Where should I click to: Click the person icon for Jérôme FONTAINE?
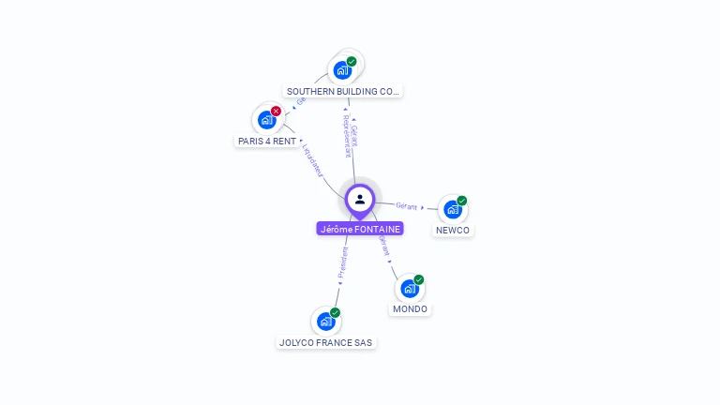pyautogui.click(x=360, y=199)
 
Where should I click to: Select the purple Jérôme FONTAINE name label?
pyautogui.click(x=360, y=229)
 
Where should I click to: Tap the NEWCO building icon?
pyautogui.click(x=452, y=210)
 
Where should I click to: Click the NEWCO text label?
pyautogui.click(x=453, y=231)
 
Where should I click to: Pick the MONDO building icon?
pyautogui.click(x=409, y=289)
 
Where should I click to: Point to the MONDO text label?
pyautogui.click(x=410, y=309)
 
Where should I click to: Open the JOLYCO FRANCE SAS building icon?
pyautogui.click(x=325, y=322)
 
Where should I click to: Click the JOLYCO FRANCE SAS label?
pyautogui.click(x=326, y=343)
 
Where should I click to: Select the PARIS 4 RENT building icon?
pyautogui.click(x=266, y=120)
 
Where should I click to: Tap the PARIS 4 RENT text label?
pyautogui.click(x=267, y=141)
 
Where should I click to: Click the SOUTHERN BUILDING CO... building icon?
pyautogui.click(x=342, y=70)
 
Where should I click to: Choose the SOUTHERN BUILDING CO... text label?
pyautogui.click(x=343, y=92)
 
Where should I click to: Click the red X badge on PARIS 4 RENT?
pyautogui.click(x=276, y=111)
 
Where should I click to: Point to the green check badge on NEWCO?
pyautogui.click(x=462, y=201)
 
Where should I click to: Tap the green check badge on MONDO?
pyautogui.click(x=419, y=279)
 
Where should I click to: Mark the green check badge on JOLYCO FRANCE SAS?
pyautogui.click(x=335, y=312)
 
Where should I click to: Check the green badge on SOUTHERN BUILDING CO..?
pyautogui.click(x=352, y=61)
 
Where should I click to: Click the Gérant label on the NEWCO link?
pyautogui.click(x=407, y=205)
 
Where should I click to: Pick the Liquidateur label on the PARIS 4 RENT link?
pyautogui.click(x=313, y=159)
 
